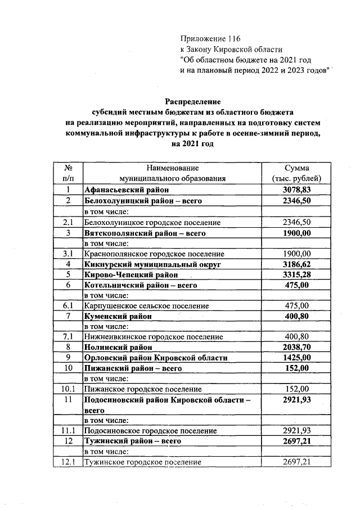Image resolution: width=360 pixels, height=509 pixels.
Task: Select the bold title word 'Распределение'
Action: (191, 101)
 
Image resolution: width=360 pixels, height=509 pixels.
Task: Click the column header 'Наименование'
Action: (173, 168)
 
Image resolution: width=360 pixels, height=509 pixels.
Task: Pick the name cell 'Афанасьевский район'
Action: (123, 190)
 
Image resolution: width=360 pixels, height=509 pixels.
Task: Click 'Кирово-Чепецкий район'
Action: (131, 274)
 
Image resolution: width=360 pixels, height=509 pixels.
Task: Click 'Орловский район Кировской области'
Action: (156, 358)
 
